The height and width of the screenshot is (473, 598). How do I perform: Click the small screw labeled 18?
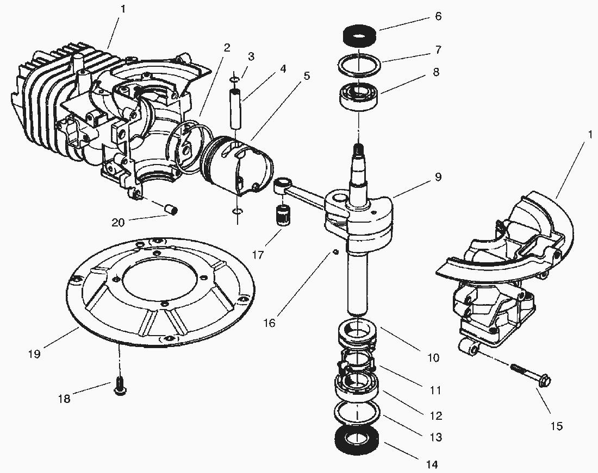tap(119, 387)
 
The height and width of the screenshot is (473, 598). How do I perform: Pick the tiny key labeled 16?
tap(337, 251)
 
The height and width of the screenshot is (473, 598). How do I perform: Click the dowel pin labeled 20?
tap(172, 209)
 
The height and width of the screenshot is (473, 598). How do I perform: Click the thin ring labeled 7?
tap(358, 65)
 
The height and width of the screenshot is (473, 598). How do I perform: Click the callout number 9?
tap(438, 177)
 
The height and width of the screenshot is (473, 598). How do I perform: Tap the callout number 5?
tap(307, 75)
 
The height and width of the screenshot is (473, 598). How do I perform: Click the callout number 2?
tap(226, 48)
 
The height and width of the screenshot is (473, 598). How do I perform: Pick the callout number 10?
tap(433, 358)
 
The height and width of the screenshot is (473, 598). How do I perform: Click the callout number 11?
tap(435, 390)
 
